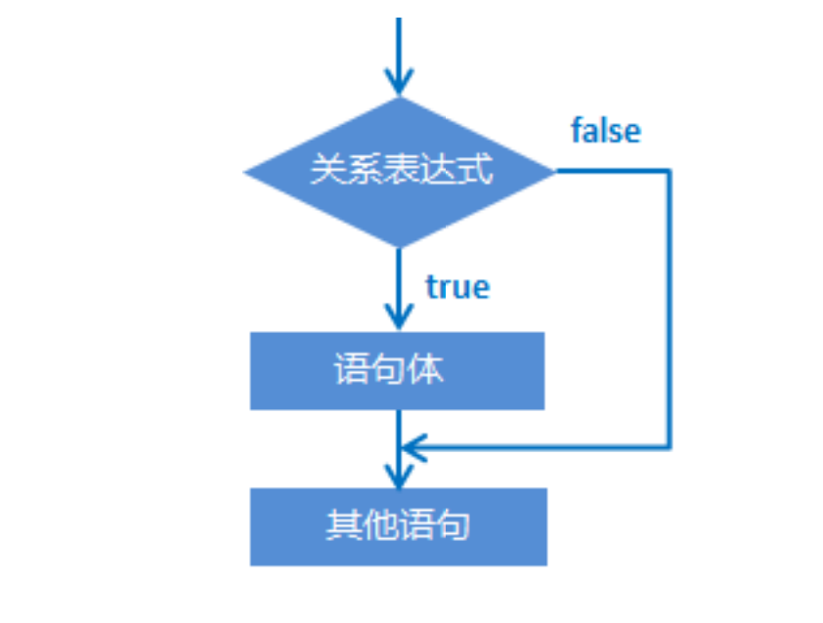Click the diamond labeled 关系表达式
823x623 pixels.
[399, 172]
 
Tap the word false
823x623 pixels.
[606, 131]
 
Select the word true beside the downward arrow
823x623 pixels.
[457, 286]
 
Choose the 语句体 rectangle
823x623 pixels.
[397, 370]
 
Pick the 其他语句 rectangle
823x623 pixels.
[398, 526]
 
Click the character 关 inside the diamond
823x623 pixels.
[326, 171]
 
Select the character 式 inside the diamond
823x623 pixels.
[475, 171]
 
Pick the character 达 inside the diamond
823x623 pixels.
[438, 171]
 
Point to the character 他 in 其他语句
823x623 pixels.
[379, 526]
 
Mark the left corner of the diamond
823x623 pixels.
[246, 173]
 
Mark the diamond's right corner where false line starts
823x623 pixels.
[553, 172]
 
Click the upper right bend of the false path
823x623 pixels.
[670, 172]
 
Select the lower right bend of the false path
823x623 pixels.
[670, 448]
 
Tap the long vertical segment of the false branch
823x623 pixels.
[670, 312]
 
